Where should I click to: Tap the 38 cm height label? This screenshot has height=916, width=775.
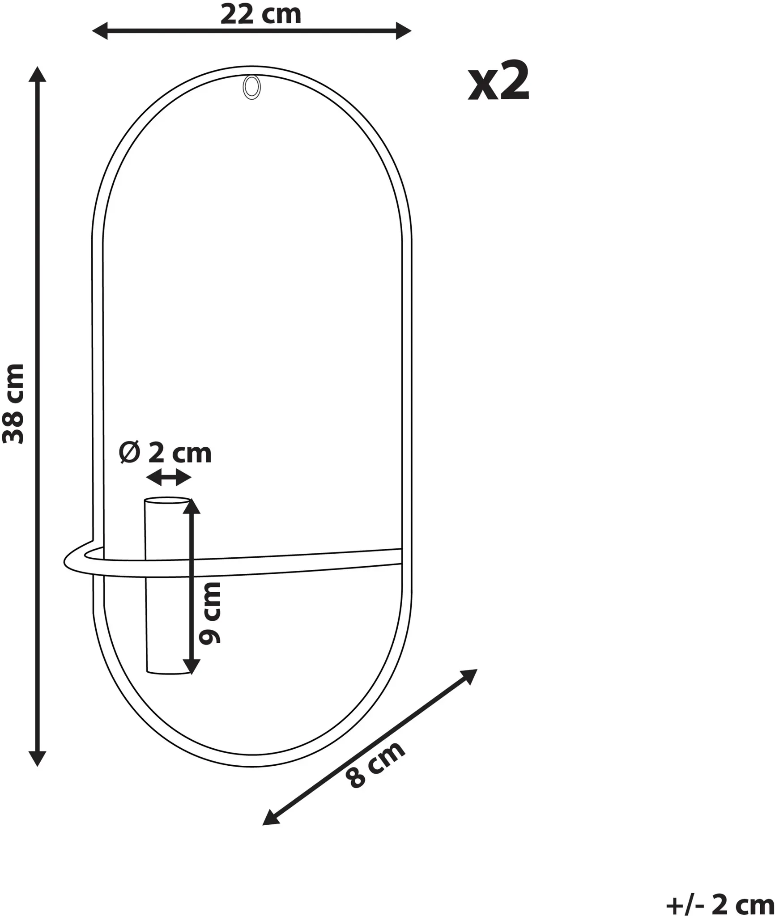[x=13, y=403]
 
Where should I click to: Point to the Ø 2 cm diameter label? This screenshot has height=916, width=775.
[x=165, y=453]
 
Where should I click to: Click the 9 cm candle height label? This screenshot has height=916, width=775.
[x=210, y=613]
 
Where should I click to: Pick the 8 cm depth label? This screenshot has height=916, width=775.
[x=375, y=765]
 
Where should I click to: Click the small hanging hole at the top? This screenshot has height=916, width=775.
[x=251, y=88]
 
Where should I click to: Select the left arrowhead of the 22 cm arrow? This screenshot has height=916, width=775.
[x=99, y=31]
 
